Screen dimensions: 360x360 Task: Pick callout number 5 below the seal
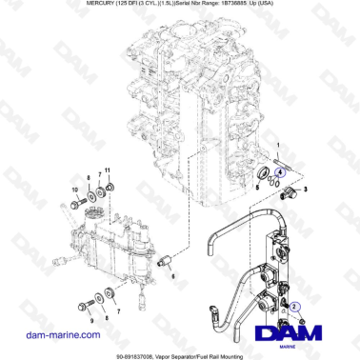(x=256, y=190)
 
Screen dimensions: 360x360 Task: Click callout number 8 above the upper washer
(x=89, y=178)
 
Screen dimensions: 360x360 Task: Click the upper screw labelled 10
(x=74, y=203)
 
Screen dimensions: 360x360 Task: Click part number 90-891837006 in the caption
(x=120, y=353)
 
